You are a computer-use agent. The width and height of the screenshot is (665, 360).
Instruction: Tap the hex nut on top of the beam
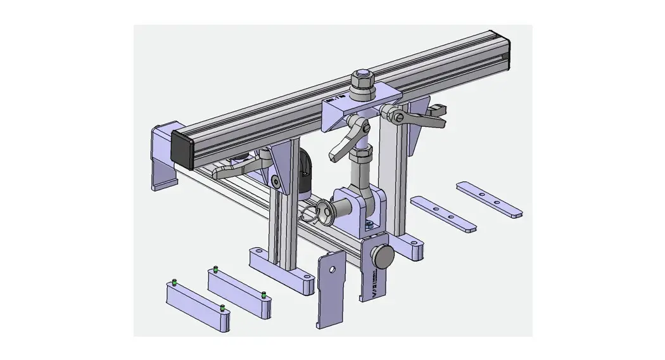(362, 80)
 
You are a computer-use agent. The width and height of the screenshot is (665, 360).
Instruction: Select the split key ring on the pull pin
(311, 214)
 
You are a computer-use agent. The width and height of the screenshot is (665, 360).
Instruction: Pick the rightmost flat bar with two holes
(490, 198)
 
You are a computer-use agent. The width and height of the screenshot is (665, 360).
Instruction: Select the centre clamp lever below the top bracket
(345, 143)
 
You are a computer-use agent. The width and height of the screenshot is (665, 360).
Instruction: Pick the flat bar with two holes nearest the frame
(443, 213)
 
